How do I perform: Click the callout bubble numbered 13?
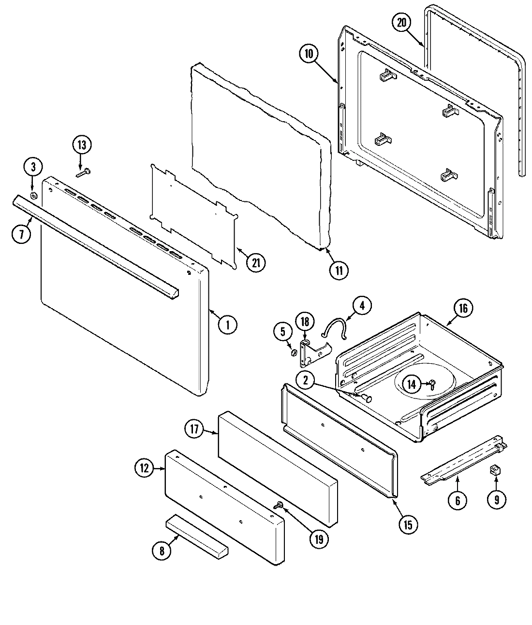[82, 145]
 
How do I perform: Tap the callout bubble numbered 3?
[33, 167]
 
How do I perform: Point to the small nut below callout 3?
[34, 196]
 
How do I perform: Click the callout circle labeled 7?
[21, 235]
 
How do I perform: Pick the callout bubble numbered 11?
[339, 270]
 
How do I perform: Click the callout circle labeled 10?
[309, 53]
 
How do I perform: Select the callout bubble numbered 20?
[401, 23]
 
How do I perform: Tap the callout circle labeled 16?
[463, 309]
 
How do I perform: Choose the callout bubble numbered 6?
[458, 500]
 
